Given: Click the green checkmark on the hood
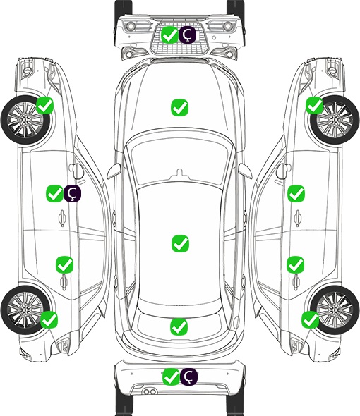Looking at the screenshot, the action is (x=180, y=107).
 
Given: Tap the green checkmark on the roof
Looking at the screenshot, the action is (x=181, y=243).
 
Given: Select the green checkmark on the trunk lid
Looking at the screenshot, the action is (x=179, y=326).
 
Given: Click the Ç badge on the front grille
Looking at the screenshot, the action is (x=187, y=35).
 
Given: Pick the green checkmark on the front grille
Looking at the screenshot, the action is (x=170, y=35).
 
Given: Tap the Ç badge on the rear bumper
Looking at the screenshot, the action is (x=188, y=377).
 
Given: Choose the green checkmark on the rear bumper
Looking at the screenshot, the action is (x=171, y=377).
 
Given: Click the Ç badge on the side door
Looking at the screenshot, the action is (x=72, y=193).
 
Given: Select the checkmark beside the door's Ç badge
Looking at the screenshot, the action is (x=55, y=193).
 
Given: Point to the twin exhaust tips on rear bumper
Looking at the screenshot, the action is (x=150, y=391).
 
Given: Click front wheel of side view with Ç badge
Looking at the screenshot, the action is (x=26, y=121).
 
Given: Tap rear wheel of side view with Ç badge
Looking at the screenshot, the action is (x=25, y=310).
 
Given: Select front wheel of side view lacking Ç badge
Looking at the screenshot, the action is (x=335, y=120).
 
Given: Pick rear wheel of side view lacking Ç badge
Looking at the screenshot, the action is (x=335, y=310).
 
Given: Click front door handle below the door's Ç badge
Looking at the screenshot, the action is (x=62, y=218).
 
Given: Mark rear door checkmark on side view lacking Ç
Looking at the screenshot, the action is (x=296, y=264).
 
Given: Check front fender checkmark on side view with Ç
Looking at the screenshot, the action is (x=45, y=106).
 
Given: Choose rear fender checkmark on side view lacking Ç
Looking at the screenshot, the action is (x=311, y=319).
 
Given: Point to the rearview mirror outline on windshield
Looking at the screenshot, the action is (x=180, y=173).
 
